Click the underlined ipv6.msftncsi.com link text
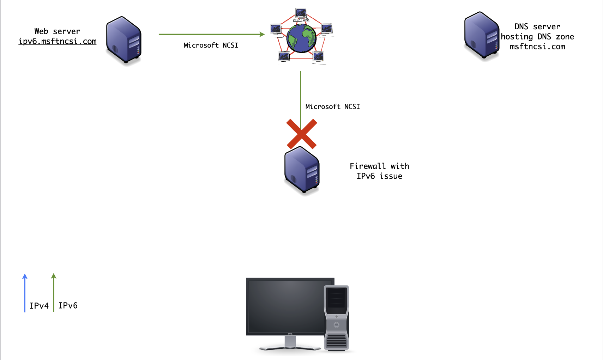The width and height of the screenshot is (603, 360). click(58, 41)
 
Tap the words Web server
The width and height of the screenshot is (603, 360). click(57, 31)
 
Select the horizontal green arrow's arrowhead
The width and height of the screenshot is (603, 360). click(262, 34)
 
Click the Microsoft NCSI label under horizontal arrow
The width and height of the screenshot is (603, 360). click(211, 45)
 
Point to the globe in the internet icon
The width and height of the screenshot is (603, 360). click(301, 38)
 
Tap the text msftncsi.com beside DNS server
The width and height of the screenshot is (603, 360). click(537, 47)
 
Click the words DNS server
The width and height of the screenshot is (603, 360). click(537, 27)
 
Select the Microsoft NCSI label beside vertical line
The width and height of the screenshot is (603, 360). click(332, 106)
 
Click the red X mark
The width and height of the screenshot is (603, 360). click(302, 134)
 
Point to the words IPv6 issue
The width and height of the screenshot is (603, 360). click(379, 176)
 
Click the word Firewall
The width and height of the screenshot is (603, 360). click(367, 166)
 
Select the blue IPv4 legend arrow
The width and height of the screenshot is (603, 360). click(25, 293)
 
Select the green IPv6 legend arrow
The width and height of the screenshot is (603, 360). click(54, 293)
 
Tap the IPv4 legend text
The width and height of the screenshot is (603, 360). click(39, 306)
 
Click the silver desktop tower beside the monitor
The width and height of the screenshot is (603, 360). click(337, 317)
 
